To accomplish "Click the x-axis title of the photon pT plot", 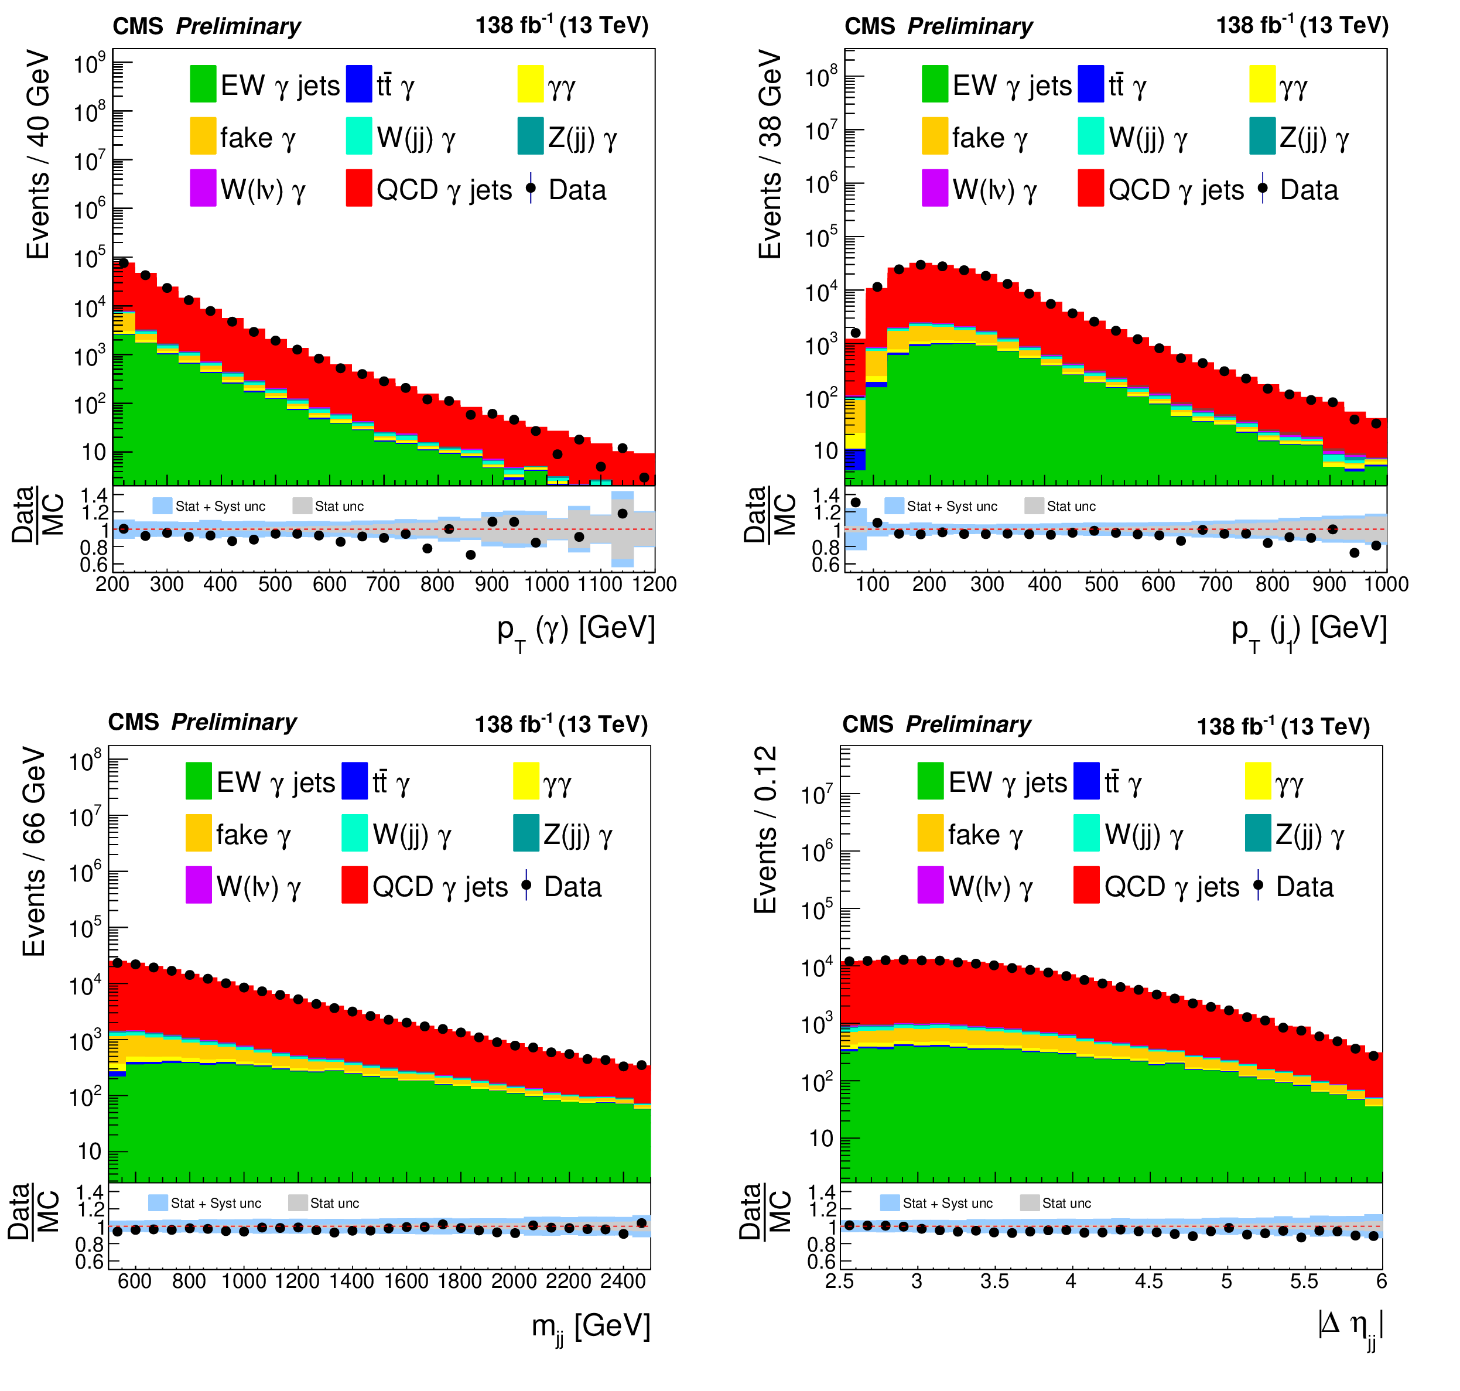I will tap(576, 630).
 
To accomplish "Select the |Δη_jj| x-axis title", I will tap(1349, 1325).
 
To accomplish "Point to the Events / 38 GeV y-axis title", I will tap(770, 154).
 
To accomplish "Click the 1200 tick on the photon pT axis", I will tap(654, 585).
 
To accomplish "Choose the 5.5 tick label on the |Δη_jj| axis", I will tap(1304, 1281).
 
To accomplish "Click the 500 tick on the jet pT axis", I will tap(1101, 585).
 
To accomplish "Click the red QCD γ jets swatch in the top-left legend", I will tap(359, 189).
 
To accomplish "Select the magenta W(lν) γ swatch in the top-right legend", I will tap(934, 189).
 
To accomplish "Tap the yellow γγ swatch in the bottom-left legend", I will tap(526, 781).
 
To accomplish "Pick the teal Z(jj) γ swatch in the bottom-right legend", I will tap(1257, 833).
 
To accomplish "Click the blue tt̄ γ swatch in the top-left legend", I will tap(359, 84).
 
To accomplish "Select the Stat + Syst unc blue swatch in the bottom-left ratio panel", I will tap(158, 1202).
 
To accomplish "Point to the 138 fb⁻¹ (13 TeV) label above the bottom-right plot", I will tap(1283, 727).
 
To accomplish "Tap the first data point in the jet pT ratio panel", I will tap(855, 503).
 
